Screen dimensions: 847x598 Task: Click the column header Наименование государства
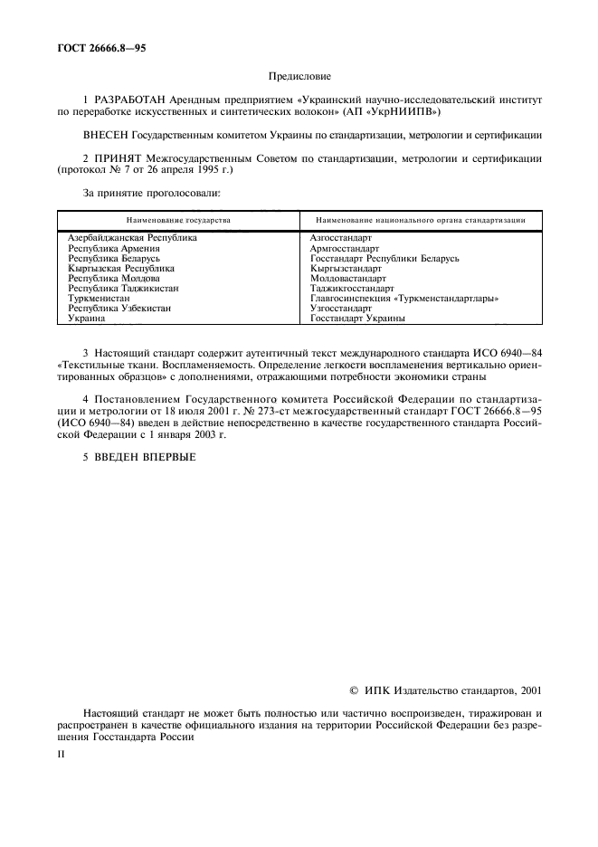[178, 220]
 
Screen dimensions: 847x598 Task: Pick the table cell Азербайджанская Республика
[132, 237]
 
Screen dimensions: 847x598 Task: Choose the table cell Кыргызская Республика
[121, 268]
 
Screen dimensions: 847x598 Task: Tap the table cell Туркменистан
[100, 298]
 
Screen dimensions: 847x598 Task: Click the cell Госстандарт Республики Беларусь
[384, 258]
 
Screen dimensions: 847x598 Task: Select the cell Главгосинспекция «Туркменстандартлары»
[404, 298]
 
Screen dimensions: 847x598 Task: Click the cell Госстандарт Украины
[356, 319]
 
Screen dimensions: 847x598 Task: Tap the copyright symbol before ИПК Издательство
[354, 691]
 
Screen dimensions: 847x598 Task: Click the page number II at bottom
[62, 751]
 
